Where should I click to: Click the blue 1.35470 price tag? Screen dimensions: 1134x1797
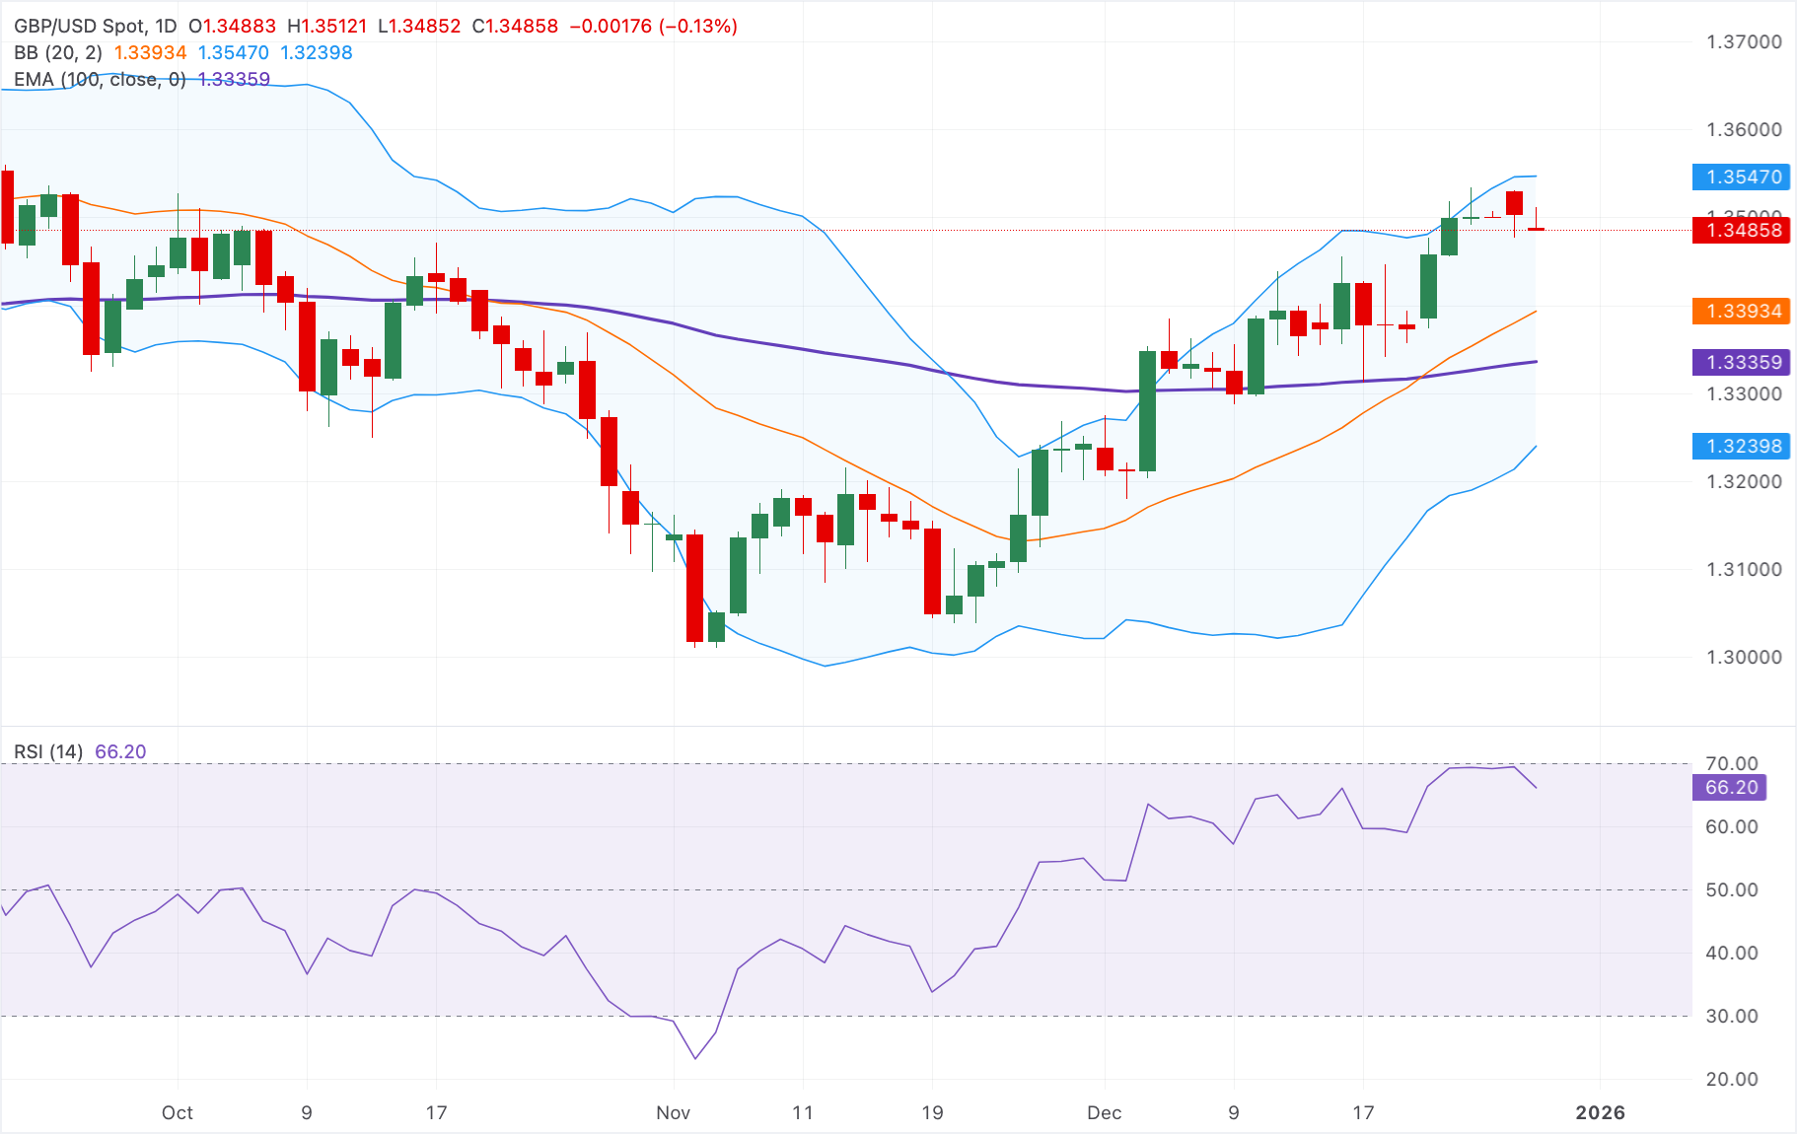coord(1743,177)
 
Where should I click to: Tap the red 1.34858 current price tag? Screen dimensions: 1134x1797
coord(1743,231)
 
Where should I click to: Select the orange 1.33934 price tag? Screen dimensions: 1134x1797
coord(1743,312)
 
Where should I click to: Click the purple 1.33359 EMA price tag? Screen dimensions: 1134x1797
coord(1743,363)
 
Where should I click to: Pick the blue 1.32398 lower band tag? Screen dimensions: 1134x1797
coord(1743,447)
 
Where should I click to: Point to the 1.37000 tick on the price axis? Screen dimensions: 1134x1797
coord(1744,42)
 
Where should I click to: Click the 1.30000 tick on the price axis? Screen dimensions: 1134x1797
coord(1744,658)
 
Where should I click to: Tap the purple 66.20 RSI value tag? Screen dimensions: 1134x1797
coord(1731,788)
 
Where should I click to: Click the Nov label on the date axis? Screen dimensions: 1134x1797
coord(673,1113)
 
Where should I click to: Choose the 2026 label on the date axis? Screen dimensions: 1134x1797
coord(1600,1113)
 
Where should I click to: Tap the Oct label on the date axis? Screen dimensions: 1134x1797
coord(178,1113)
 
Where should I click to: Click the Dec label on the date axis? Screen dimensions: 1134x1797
coord(1104,1113)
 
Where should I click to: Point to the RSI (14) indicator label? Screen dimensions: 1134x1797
coord(48,752)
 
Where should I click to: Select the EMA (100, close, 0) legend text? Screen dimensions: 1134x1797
coord(100,80)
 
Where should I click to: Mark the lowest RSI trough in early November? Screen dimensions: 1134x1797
coord(695,1058)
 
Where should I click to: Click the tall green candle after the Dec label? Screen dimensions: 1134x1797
coord(1147,410)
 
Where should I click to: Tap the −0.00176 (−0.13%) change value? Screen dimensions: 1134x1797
coord(654,27)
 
